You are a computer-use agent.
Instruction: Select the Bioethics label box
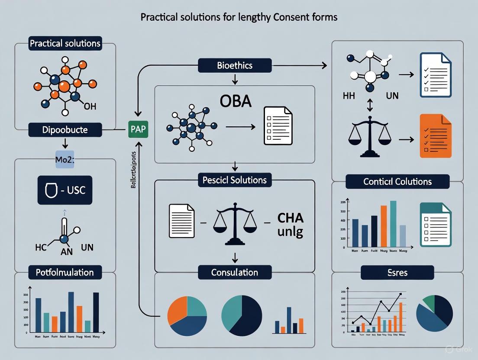pos(235,66)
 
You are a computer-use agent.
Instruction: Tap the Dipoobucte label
pos(65,129)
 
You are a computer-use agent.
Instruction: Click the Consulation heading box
pos(235,272)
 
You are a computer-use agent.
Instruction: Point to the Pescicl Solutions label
pos(235,180)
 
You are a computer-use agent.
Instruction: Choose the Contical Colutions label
pos(397,181)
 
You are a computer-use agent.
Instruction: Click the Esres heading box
pos(397,273)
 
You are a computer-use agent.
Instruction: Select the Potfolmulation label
pos(65,272)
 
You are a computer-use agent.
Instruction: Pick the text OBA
pos(230,103)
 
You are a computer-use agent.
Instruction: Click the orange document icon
pos(436,136)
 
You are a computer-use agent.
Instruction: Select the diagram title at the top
pos(239,17)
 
